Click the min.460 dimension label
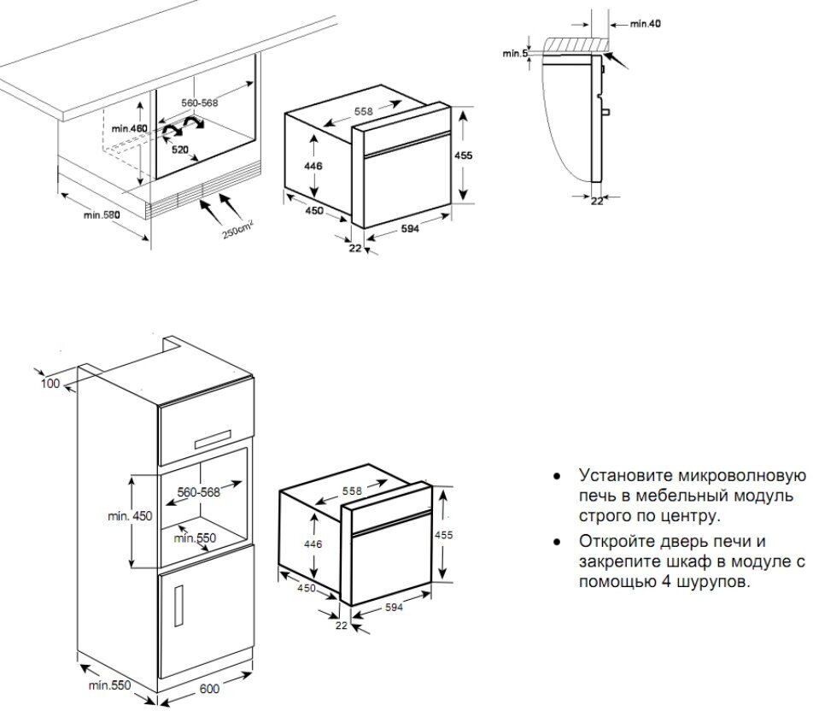tap(130, 129)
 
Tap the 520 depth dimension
tap(180, 150)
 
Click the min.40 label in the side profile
tap(645, 24)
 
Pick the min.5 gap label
tap(515, 54)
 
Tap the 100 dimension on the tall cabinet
tap(50, 384)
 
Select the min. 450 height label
tap(130, 516)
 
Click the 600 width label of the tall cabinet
tap(210, 689)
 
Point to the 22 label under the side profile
tap(597, 201)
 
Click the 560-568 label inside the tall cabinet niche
tap(199, 492)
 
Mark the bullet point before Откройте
tap(557, 542)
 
